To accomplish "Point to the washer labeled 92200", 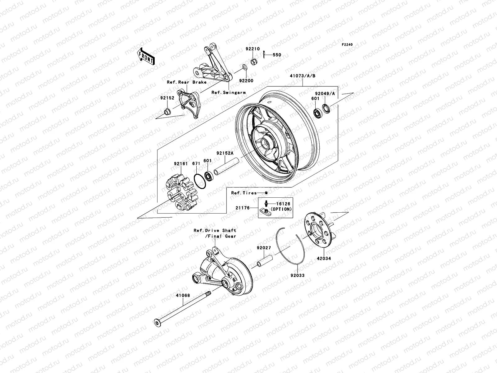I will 244,67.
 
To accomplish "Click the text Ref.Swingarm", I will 228,92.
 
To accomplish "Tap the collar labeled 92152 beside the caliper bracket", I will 167,111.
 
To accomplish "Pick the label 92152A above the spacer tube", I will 225,153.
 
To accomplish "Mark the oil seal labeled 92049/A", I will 326,108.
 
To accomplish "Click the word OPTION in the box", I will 281,209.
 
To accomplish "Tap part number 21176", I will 243,208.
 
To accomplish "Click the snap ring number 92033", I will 297,275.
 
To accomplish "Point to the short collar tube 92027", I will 264,261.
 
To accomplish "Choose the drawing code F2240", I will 347,45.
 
